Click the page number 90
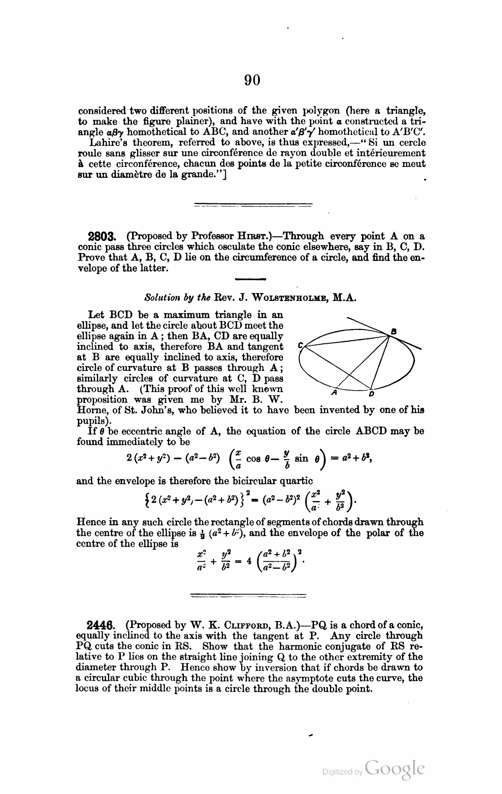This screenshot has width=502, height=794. click(x=251, y=80)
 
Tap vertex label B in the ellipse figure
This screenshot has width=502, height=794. click(x=394, y=331)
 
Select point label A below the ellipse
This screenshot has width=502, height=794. click(x=334, y=393)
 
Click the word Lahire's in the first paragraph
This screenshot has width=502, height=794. click(x=105, y=142)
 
